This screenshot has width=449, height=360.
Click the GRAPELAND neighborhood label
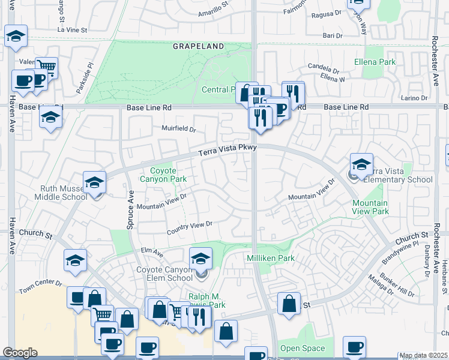coord(199,46)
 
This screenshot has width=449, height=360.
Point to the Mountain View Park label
coord(372,208)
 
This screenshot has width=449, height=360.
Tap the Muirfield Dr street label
coord(179,128)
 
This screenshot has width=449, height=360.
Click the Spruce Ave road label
coord(130,205)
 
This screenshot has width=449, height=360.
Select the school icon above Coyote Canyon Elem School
coord(201,258)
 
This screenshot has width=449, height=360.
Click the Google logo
coord(20,353)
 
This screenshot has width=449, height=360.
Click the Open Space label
coord(302,348)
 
